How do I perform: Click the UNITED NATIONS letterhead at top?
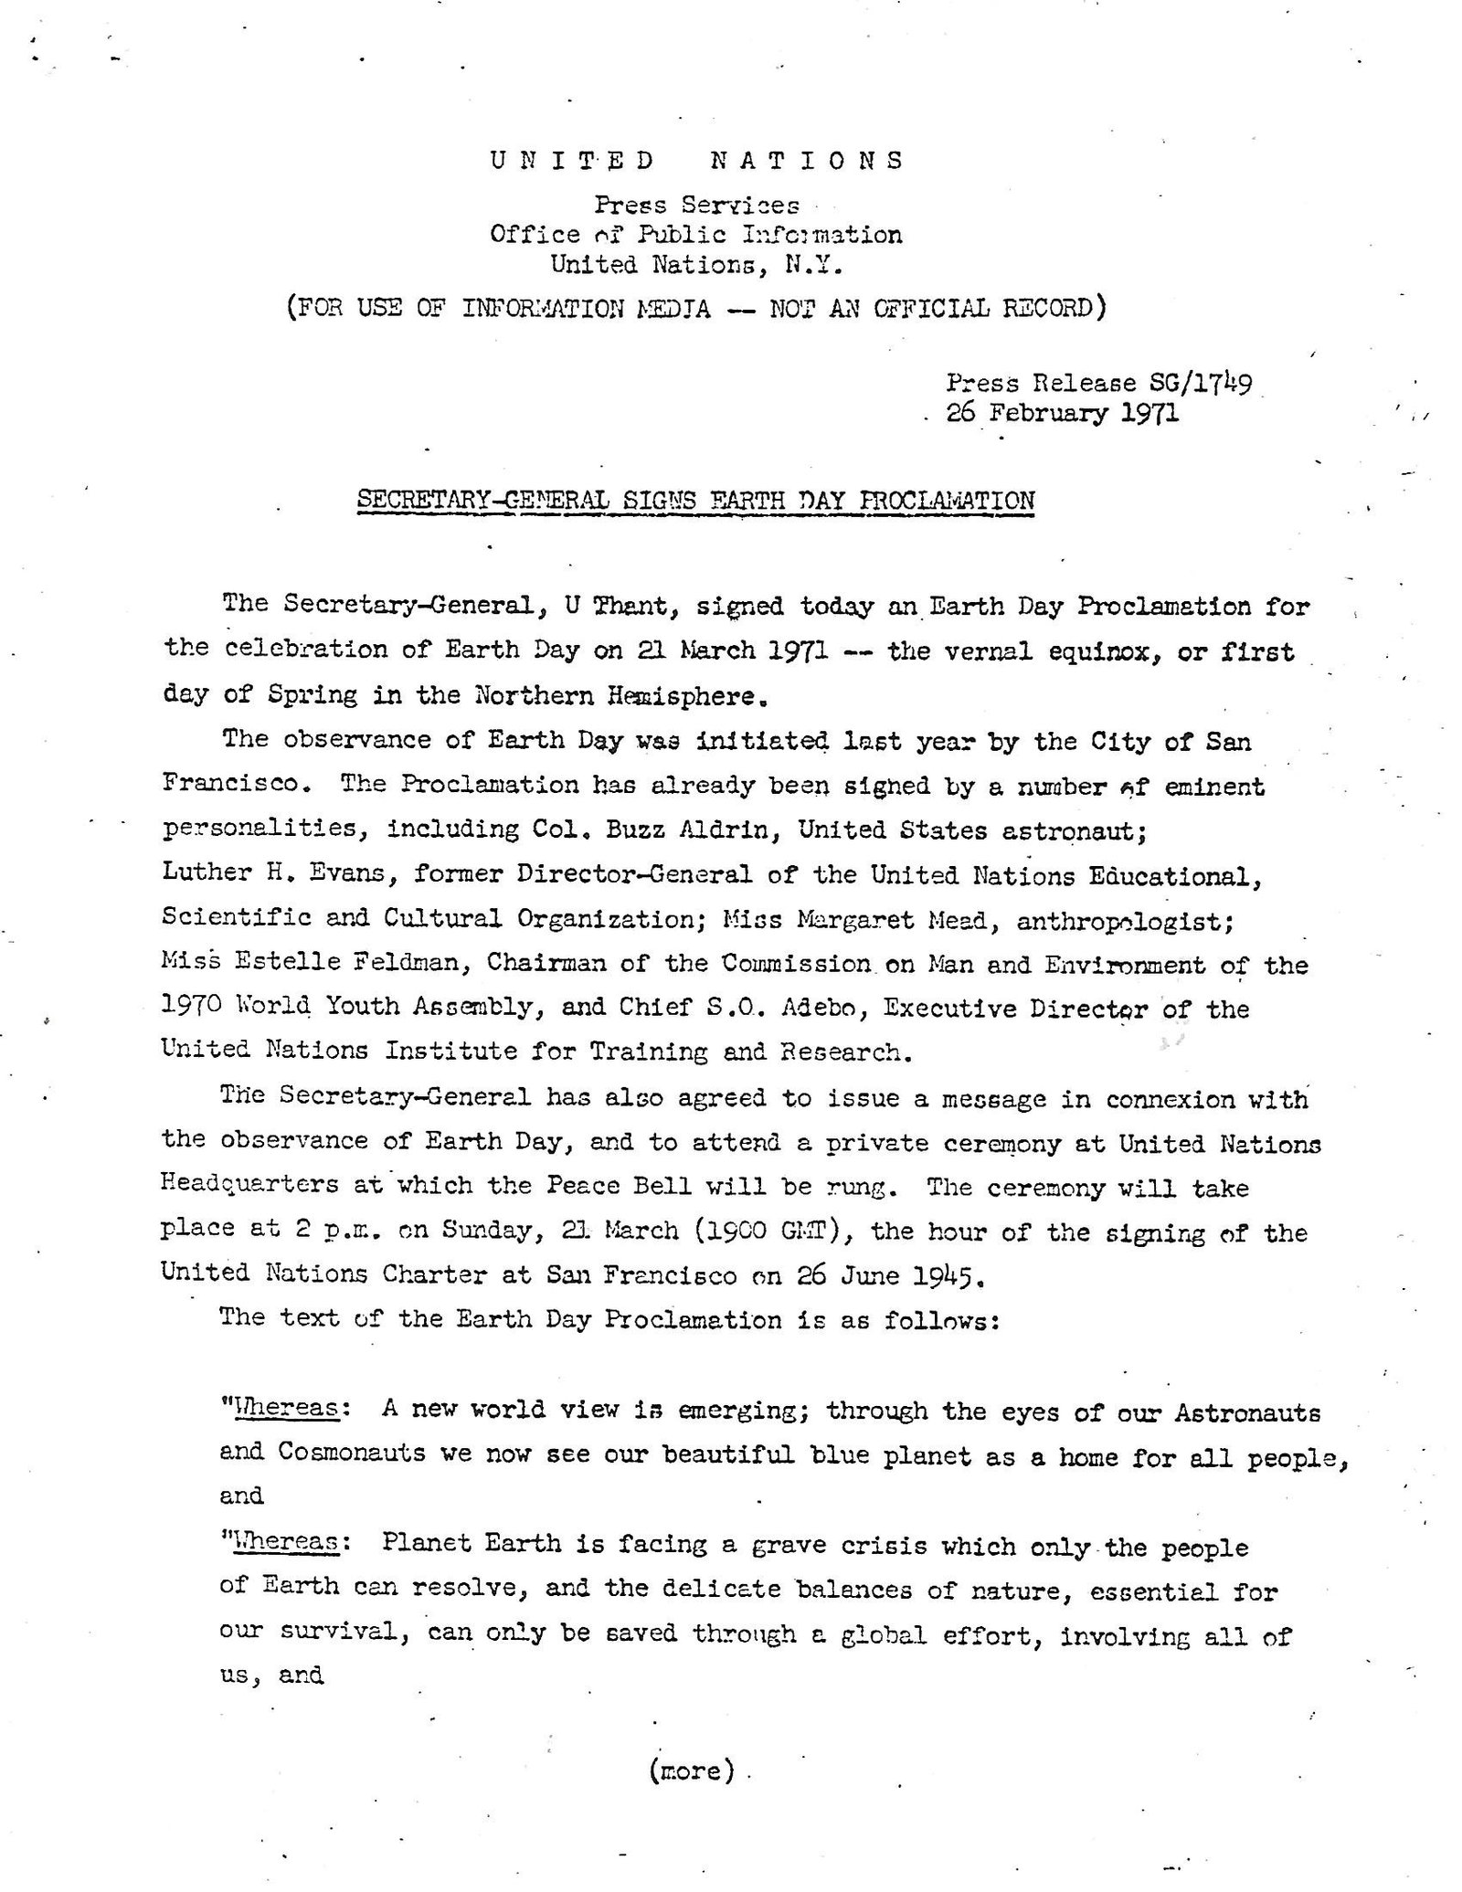point(697,161)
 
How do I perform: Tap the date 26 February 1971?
point(1063,413)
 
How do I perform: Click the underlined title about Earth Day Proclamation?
point(694,501)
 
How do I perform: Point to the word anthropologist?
point(1112,920)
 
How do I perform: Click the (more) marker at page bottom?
point(692,1771)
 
